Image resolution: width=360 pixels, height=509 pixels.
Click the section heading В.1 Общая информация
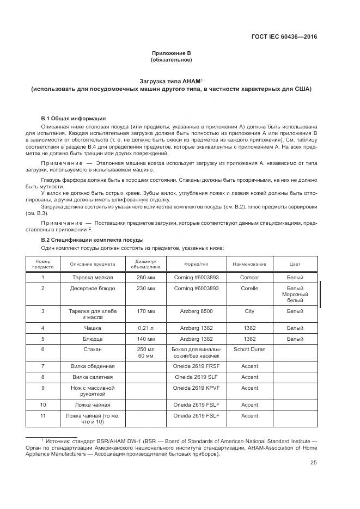point(74,118)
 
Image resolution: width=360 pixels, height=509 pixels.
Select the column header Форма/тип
point(196,264)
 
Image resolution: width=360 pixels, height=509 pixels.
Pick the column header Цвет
point(295,264)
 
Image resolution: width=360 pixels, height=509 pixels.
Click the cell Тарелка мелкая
point(92,277)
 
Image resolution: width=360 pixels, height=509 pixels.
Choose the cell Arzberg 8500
point(196,311)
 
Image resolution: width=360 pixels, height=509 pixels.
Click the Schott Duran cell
point(249,349)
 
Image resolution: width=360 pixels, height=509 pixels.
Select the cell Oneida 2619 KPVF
point(196,388)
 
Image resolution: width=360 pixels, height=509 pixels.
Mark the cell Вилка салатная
point(92,377)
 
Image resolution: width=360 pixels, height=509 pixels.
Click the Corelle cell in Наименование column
point(249,287)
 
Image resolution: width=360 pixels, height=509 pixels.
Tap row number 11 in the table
point(42,416)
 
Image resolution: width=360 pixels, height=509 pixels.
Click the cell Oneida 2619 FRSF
point(196,366)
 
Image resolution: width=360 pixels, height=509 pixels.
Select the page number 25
point(314,463)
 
